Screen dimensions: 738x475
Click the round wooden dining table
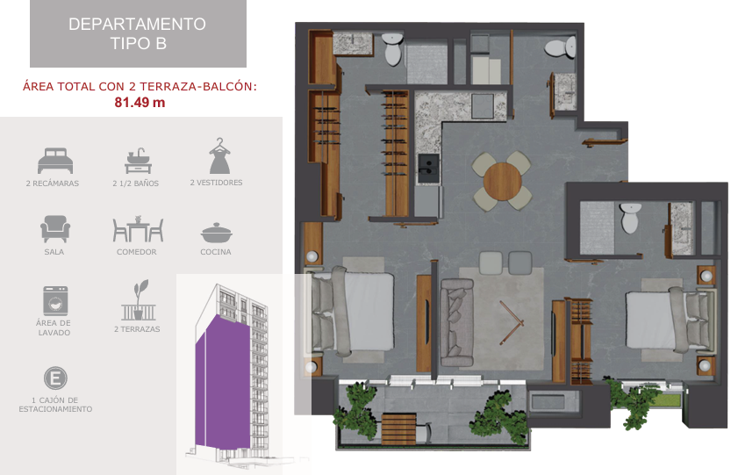(502, 182)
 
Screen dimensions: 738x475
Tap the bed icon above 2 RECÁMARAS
(55, 161)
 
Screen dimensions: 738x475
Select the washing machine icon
(55, 301)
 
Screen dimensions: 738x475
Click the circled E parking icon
(55, 378)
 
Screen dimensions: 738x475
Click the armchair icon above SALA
(55, 229)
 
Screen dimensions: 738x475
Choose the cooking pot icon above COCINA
(217, 233)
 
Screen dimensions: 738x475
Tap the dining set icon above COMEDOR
(138, 229)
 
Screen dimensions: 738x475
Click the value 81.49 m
(140, 102)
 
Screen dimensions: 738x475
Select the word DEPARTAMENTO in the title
(137, 24)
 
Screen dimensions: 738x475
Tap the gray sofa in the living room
(456, 322)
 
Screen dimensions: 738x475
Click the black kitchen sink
(428, 164)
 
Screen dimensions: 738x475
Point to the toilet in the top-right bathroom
(561, 47)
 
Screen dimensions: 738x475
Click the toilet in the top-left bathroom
(392, 49)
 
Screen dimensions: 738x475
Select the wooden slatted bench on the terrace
(398, 428)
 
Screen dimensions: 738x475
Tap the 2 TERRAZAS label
(137, 329)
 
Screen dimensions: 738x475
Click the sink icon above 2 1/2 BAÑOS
(138, 161)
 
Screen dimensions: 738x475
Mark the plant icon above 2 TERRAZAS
(139, 300)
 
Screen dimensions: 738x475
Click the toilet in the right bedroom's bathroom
(630, 218)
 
